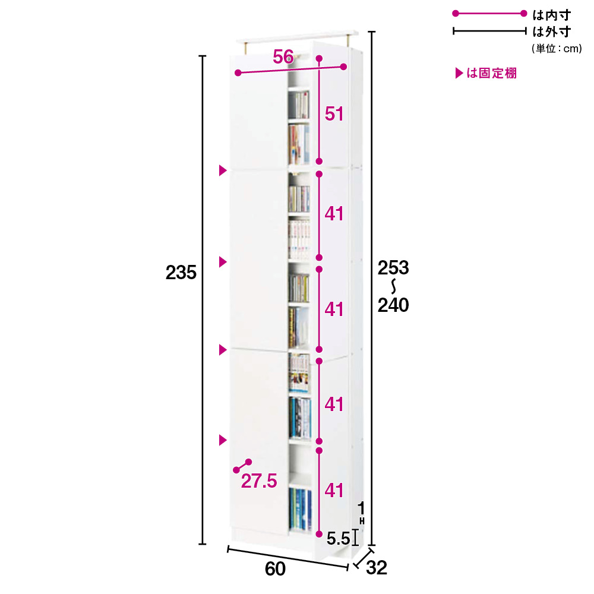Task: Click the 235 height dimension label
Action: pos(181,273)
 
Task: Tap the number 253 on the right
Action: pos(393,268)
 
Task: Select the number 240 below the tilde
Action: pos(393,305)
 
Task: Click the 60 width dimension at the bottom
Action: pos(275,568)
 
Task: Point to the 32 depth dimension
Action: pos(377,567)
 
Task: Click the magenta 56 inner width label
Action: pos(283,57)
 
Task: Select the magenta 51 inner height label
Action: pos(334,113)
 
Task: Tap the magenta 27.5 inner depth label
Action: pos(259,481)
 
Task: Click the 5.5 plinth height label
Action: pos(339,538)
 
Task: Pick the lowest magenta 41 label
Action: pos(334,490)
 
